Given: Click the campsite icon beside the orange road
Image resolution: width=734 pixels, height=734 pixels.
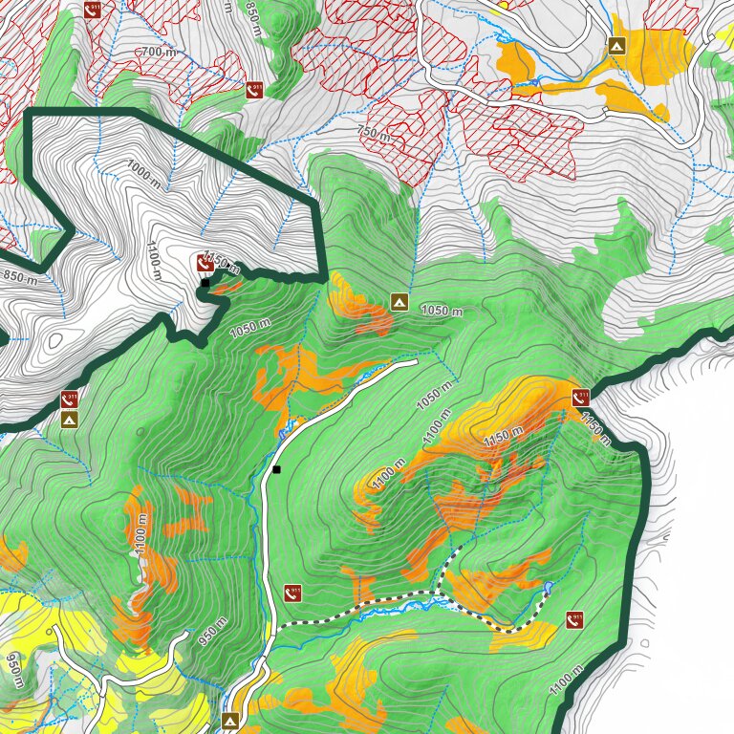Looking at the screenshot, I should [x=616, y=45].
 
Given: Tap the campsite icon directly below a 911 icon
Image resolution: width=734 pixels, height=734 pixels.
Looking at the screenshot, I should [x=70, y=420].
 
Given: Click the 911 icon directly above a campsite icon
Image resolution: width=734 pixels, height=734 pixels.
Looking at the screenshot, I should [x=70, y=399].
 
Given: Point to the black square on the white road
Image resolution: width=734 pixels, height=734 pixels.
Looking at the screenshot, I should [x=276, y=469].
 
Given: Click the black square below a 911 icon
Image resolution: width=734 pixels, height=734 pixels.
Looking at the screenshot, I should [x=205, y=283].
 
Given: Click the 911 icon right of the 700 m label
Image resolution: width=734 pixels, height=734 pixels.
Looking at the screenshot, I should [x=254, y=90].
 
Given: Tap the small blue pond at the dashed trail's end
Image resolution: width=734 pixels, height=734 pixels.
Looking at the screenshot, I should [x=549, y=585].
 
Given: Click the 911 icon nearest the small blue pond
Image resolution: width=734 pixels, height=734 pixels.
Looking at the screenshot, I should [x=574, y=619].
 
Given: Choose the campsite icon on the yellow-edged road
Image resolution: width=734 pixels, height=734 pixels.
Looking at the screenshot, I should [x=230, y=720].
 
